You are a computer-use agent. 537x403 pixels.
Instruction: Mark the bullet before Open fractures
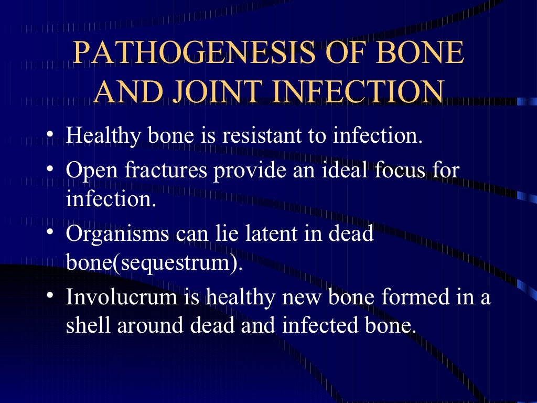(50, 169)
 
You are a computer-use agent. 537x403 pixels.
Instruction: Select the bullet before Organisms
(50, 232)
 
